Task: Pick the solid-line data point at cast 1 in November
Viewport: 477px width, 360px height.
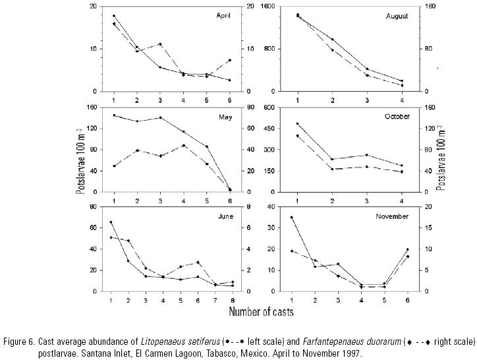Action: pos(291,217)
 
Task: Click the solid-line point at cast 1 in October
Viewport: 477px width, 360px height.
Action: pos(298,123)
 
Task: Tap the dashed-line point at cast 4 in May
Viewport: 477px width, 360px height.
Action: pos(183,145)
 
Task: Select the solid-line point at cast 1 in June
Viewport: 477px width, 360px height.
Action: pos(111,222)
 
